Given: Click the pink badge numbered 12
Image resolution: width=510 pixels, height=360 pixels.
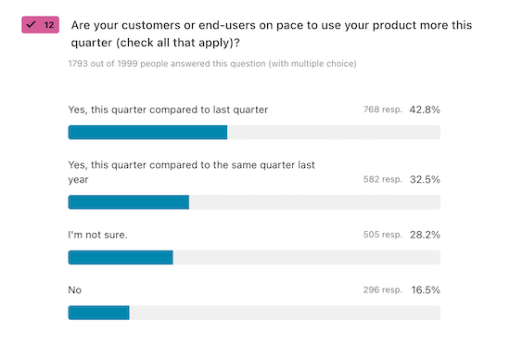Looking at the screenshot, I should click(x=40, y=24).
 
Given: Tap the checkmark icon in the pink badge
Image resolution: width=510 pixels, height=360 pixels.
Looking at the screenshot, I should click(x=31, y=24).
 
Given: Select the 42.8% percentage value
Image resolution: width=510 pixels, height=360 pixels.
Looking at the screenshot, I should click(x=425, y=109).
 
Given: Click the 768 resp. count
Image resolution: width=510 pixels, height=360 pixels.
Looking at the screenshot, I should click(x=382, y=109).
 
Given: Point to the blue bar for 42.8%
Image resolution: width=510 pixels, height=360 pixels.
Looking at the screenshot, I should click(x=147, y=132).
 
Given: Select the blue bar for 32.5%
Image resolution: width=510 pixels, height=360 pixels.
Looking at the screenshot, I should click(x=129, y=201).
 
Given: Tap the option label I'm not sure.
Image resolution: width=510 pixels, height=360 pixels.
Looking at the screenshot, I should click(x=97, y=235).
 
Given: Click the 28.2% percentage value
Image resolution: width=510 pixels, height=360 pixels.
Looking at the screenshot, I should click(x=425, y=235).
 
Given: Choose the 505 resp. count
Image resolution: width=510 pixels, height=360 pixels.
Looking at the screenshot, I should click(x=382, y=235).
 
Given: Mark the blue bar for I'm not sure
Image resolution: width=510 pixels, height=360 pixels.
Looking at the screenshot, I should click(x=121, y=257).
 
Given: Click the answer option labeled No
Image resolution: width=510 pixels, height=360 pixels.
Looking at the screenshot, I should click(x=75, y=290).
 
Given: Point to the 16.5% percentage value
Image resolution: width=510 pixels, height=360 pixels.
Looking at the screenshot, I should click(x=425, y=290).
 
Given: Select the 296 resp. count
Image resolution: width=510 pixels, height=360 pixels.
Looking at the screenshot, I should click(x=382, y=290).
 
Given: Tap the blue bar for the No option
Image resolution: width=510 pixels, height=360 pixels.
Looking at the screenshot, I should click(x=98, y=313).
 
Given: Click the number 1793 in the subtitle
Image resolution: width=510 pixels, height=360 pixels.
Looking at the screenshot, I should click(x=80, y=64).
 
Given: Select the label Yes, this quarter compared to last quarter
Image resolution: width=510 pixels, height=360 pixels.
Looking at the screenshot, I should click(x=168, y=109).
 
